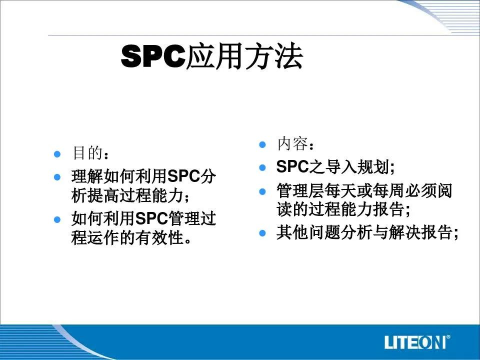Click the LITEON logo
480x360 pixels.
pyautogui.click(x=417, y=342)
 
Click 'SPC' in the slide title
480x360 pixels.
pyautogui.click(x=153, y=56)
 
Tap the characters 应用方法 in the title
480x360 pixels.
pyautogui.click(x=244, y=56)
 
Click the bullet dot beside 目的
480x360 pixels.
pyautogui.click(x=57, y=153)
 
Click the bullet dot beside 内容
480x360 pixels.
pyautogui.click(x=262, y=144)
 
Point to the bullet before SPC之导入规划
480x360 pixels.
pyautogui.click(x=262, y=167)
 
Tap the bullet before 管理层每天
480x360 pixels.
pyautogui.click(x=262, y=191)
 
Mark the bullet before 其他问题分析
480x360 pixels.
pyautogui.click(x=262, y=233)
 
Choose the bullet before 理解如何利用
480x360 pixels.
pyautogui.click(x=57, y=177)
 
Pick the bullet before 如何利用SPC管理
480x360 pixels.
pyautogui.click(x=57, y=219)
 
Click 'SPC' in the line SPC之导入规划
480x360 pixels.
pyautogui.click(x=292, y=167)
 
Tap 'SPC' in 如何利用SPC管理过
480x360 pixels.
pyautogui.click(x=151, y=218)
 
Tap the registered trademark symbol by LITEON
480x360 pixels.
pyautogui.click(x=448, y=337)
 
